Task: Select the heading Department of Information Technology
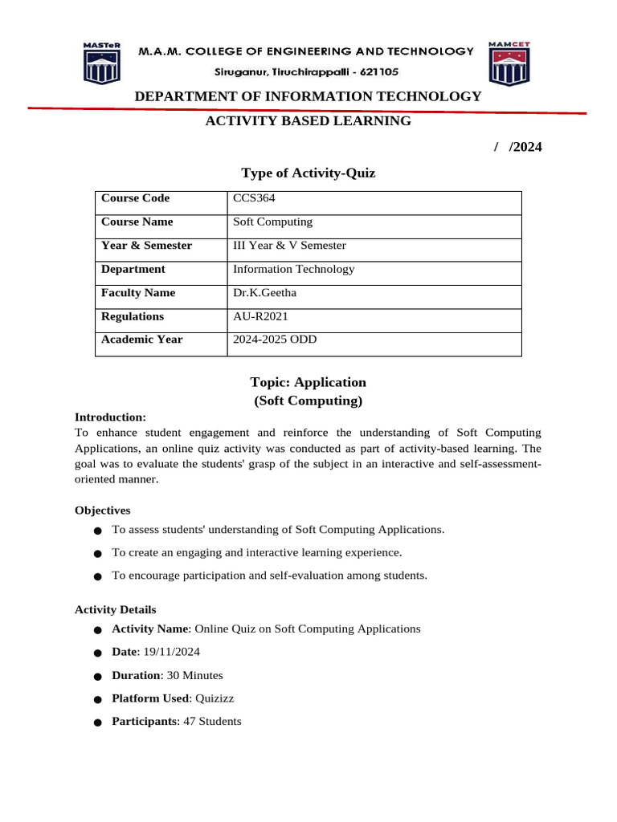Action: (x=308, y=96)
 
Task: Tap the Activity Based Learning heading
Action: (x=308, y=121)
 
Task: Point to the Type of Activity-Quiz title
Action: (x=308, y=173)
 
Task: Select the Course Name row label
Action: (x=137, y=222)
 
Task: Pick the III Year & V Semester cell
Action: (x=289, y=246)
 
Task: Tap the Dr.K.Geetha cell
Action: (x=264, y=293)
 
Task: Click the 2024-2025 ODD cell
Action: (x=275, y=340)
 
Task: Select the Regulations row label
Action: (x=133, y=316)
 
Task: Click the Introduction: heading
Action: (x=110, y=417)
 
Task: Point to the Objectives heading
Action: (x=102, y=511)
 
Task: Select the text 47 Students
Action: (x=211, y=722)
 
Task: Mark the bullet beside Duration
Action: (x=97, y=677)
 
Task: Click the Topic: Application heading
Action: (x=308, y=382)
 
